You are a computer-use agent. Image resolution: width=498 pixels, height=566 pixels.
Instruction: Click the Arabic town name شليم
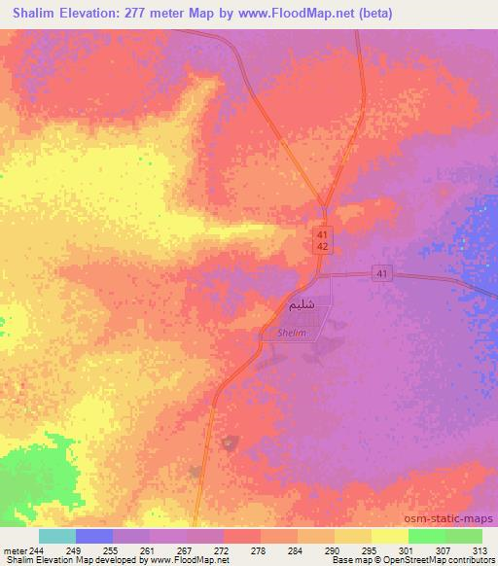tap(301, 305)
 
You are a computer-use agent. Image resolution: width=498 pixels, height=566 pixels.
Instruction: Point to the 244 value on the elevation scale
tap(35, 548)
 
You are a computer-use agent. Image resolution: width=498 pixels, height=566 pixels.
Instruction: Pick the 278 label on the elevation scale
tap(259, 548)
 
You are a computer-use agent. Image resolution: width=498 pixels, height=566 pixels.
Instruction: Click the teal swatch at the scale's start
tap(56, 536)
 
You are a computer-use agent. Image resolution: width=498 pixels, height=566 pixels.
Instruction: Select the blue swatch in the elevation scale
tap(93, 536)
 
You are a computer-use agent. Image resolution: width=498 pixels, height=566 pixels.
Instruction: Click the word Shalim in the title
tap(41, 13)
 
